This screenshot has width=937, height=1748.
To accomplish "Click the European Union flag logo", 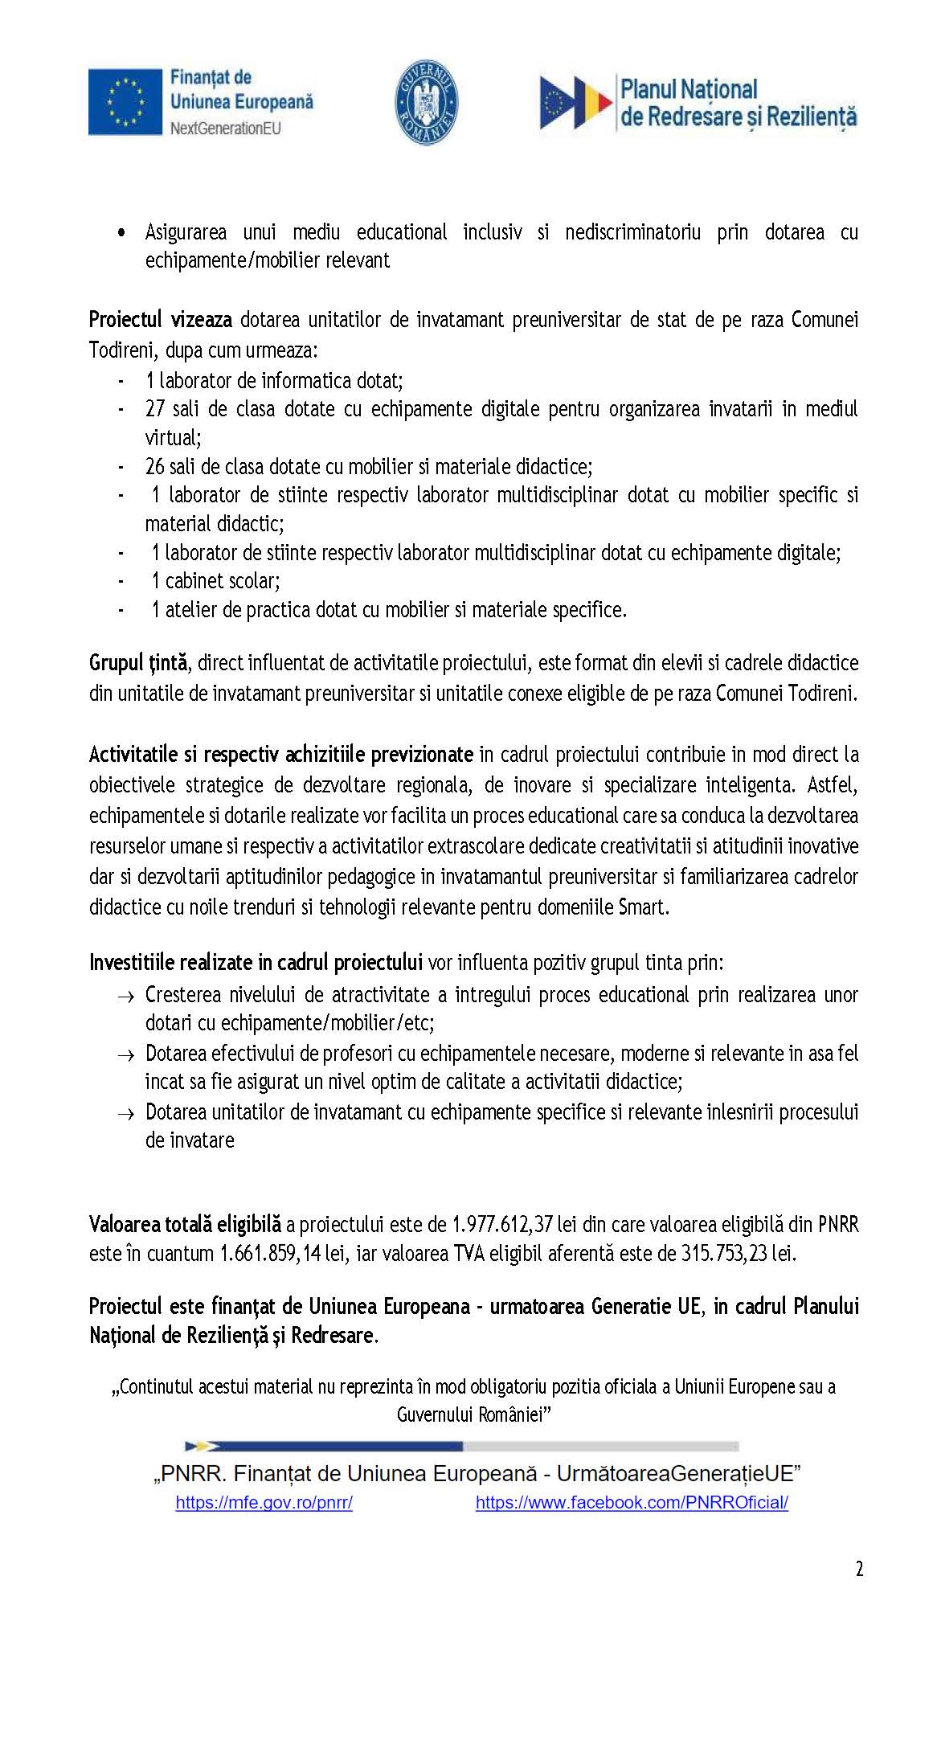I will point(125,101).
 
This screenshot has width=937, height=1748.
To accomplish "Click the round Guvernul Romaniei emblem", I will point(426,103).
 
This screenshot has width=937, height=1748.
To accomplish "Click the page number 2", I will point(859,1569).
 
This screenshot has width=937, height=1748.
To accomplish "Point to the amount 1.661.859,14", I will point(272,1253).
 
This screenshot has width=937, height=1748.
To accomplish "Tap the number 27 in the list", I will point(154,408).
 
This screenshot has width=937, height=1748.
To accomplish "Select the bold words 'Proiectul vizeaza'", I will point(160,320).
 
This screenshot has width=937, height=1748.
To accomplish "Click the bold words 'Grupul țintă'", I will point(137,663).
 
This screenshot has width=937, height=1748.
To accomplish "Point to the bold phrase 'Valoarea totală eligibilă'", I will point(185,1224).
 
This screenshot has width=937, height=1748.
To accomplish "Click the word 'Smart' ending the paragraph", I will point(642,907).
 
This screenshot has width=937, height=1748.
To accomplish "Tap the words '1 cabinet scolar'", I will point(215,580).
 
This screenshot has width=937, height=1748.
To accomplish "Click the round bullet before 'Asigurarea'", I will point(121,233).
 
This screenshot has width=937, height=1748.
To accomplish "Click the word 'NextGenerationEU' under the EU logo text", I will point(225,128).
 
